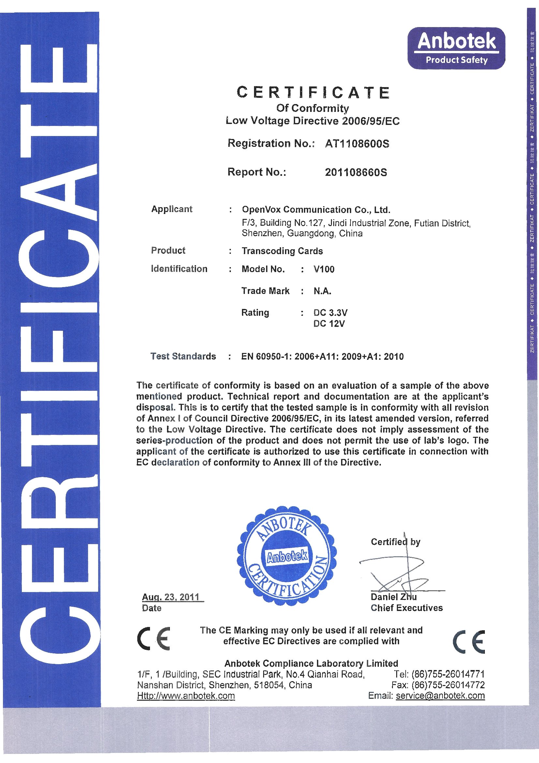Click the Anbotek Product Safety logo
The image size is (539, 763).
coord(456,48)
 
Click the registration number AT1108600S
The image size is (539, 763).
coord(357,144)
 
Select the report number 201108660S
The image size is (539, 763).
coord(356,172)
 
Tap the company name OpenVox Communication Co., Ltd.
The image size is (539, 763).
coord(316,210)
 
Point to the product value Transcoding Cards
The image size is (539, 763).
coord(282,251)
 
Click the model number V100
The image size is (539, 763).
coord(324,269)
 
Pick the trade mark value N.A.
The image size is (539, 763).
coord(322,291)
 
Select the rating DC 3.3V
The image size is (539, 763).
coord(330,313)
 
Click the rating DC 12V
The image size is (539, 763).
coord(329,323)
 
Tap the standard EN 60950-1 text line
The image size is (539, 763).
coord(322,357)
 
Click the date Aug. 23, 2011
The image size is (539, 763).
coord(171,597)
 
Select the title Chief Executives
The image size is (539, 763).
coord(407,608)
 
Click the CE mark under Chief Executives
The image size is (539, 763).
coord(469,641)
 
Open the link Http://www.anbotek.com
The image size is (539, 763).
coord(186,695)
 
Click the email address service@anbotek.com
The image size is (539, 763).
coord(440,695)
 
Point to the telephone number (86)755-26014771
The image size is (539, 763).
coord(448,674)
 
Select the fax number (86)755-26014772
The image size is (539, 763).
coord(448,685)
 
